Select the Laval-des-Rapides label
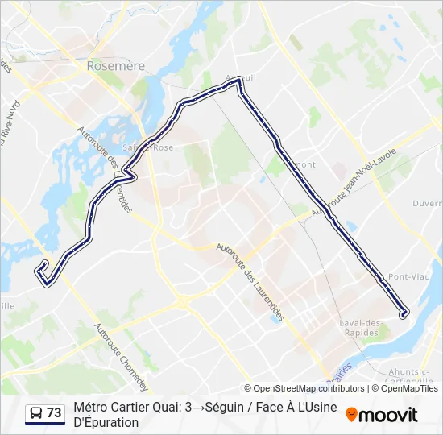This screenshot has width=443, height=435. pos(360,328)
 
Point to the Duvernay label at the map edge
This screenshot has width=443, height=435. pos(427,204)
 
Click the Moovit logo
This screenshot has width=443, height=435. pos(382,415)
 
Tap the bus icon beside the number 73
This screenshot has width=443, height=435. pos(36,413)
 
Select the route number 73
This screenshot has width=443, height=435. pos(54,413)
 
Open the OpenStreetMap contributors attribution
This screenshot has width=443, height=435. pos(304,388)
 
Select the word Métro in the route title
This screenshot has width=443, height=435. pos(92,408)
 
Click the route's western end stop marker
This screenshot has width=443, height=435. pos(43,264)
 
